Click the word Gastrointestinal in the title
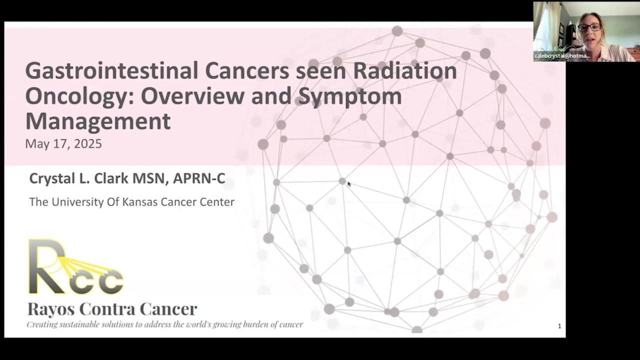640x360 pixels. click(111, 71)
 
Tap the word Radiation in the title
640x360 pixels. click(405, 71)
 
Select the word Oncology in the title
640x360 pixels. click(79, 96)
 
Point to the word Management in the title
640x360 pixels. click(98, 121)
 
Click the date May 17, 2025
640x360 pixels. click(63, 143)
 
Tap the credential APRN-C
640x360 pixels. click(199, 178)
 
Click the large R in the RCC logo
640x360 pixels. click(47, 266)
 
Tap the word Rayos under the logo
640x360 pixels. click(51, 309)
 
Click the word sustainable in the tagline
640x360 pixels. click(77, 324)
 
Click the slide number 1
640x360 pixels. click(559, 326)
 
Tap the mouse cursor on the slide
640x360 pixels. click(349, 183)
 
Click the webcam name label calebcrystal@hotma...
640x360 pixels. click(562, 56)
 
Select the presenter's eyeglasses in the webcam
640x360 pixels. click(589, 27)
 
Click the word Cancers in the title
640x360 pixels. click(247, 71)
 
